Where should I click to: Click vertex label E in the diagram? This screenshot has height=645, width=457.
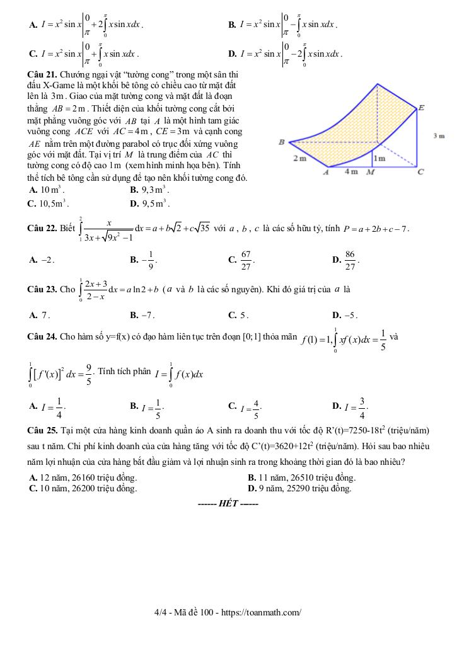point(421,108)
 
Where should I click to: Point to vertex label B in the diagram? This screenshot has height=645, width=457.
point(282,142)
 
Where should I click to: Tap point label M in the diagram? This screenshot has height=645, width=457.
point(370,171)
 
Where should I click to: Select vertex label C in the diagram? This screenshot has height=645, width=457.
point(420,171)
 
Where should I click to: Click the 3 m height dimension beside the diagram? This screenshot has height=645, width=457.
point(439,136)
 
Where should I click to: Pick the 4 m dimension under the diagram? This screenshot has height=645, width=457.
point(351,171)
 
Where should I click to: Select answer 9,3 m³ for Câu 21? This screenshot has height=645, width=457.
point(149,190)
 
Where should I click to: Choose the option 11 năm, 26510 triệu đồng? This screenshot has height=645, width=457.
point(302,477)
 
